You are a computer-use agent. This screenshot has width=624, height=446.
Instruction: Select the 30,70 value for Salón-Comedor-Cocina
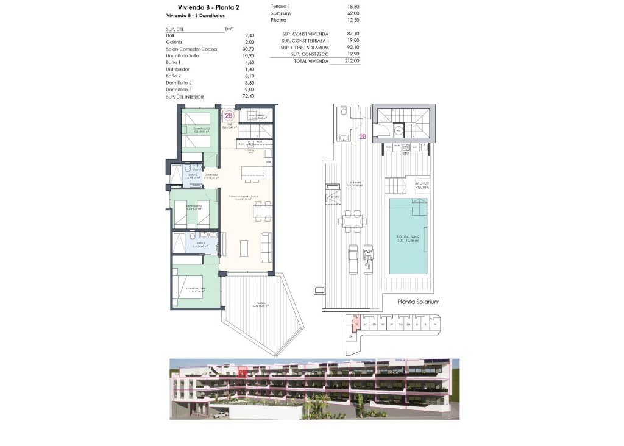232,49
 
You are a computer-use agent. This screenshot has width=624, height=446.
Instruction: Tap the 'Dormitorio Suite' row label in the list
182,55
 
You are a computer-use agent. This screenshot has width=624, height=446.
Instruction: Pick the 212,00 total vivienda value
352,61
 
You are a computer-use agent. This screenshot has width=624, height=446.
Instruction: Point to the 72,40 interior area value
231,97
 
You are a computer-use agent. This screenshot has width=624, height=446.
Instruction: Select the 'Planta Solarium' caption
418,302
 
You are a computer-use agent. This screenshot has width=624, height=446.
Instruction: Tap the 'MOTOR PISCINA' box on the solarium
422,185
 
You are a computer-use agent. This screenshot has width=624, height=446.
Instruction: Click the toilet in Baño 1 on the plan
192,236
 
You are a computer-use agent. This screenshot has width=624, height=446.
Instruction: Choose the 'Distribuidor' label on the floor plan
211,176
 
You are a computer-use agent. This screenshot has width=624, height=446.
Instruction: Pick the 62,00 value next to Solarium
352,13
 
